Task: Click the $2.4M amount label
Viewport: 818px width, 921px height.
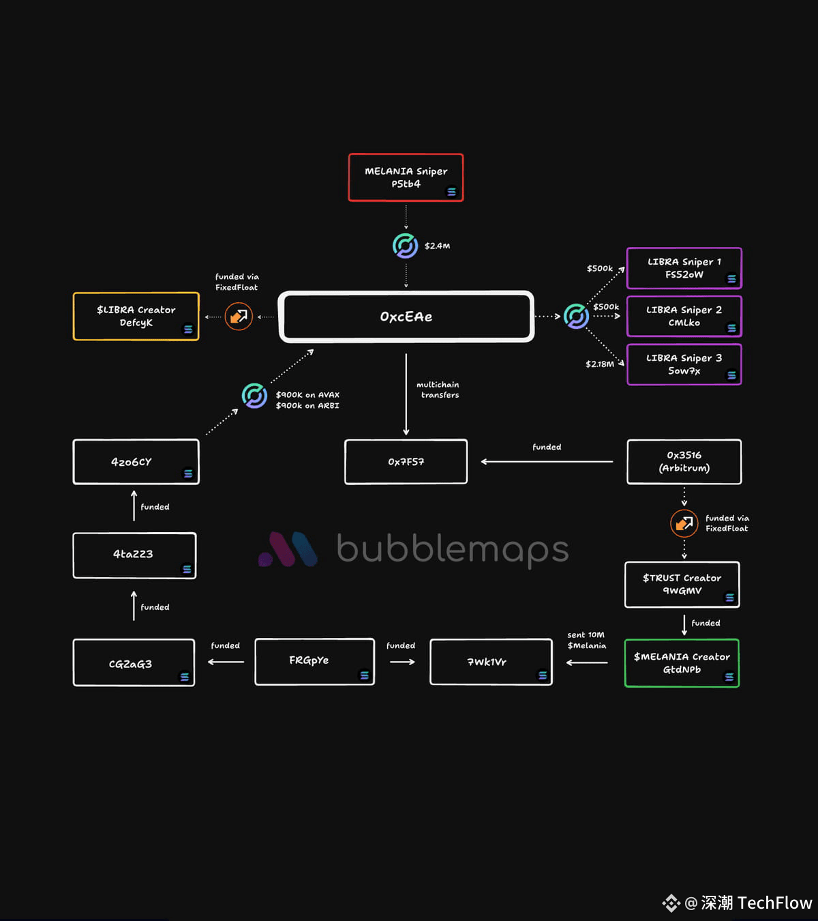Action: [x=438, y=246]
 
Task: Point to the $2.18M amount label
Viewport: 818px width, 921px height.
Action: [x=600, y=364]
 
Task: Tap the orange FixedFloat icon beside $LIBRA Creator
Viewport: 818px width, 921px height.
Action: [x=239, y=317]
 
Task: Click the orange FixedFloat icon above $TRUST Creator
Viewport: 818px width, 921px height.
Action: [x=684, y=524]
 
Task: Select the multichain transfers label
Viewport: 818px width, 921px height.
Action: [x=438, y=390]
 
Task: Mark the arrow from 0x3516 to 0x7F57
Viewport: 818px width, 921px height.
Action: [x=547, y=462]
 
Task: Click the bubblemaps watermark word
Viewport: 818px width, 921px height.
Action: [x=453, y=549]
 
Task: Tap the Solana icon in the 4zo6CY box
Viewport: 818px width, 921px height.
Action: [x=188, y=473]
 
